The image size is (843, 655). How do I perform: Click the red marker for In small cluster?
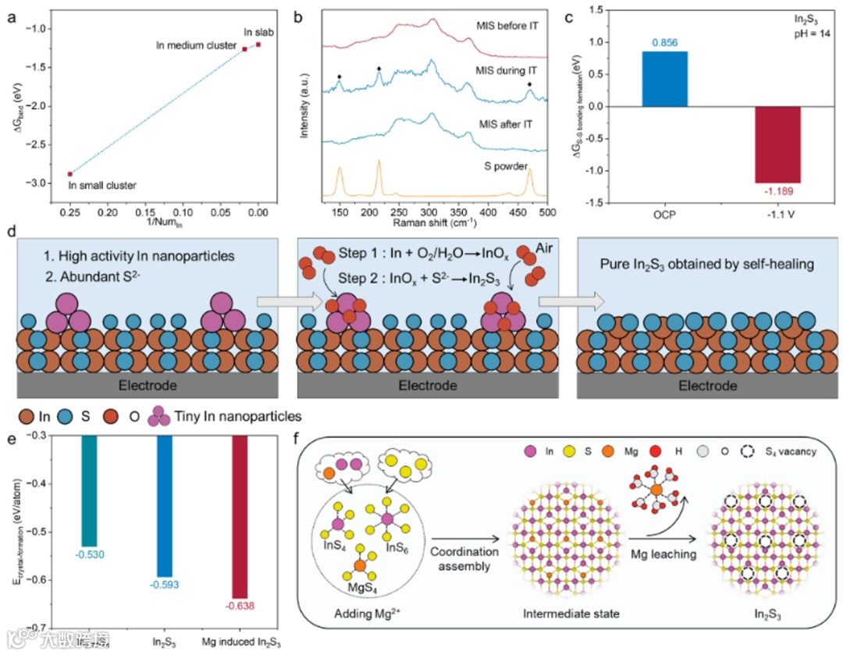pyautogui.click(x=69, y=174)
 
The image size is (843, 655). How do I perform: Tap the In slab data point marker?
pyautogui.click(x=258, y=44)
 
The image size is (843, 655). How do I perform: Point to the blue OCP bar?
pyautogui.click(x=665, y=78)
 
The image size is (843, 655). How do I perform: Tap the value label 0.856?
pyautogui.click(x=665, y=45)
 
